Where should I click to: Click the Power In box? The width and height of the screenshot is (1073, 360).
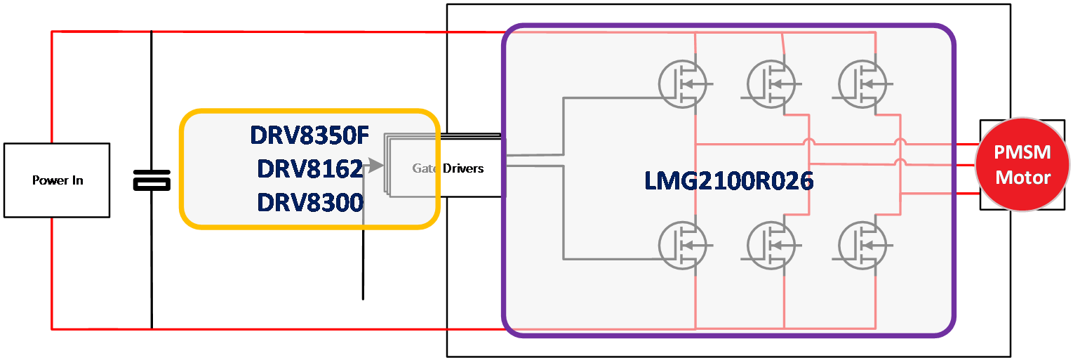[57, 180]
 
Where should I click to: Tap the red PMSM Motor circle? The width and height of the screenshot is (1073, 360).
[1022, 165]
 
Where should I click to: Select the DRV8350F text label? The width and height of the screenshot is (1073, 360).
[309, 134]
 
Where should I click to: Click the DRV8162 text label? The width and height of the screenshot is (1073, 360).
[309, 168]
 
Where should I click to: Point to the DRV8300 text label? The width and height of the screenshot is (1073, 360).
[309, 202]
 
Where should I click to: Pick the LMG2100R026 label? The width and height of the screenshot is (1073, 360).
[728, 181]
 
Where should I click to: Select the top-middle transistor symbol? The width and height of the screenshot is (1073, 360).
[771, 84]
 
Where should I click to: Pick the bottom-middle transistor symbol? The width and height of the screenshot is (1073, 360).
[771, 244]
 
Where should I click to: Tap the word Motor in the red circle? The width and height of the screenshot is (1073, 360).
[1022, 177]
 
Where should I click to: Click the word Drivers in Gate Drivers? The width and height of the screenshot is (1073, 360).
[464, 168]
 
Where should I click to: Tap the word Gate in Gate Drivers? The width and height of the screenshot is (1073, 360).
[425, 168]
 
